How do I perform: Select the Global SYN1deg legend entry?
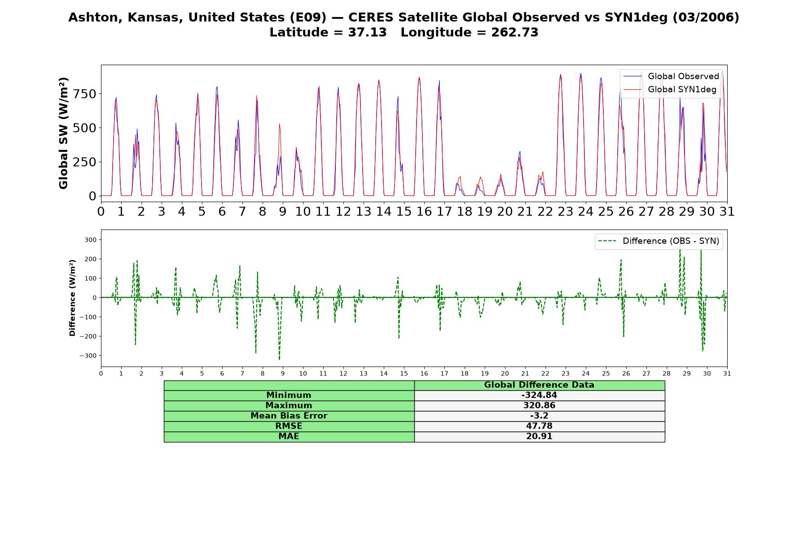pyautogui.click(x=670, y=89)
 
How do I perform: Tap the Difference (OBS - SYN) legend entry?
pyautogui.click(x=659, y=241)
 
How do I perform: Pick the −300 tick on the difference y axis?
pyautogui.click(x=88, y=356)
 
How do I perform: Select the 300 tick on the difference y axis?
pyautogui.click(x=91, y=240)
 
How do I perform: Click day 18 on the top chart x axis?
pyautogui.click(x=465, y=211)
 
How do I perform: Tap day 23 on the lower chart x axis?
pyautogui.click(x=566, y=374)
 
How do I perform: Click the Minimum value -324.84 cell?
pyautogui.click(x=539, y=395)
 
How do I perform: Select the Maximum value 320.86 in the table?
pyautogui.click(x=539, y=406)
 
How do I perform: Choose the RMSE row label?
pyautogui.click(x=289, y=426)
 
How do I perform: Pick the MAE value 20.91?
pyautogui.click(x=539, y=437)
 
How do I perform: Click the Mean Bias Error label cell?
pyautogui.click(x=289, y=416)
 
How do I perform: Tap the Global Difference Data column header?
pyautogui.click(x=539, y=385)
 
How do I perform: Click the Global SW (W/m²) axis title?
pyautogui.click(x=63, y=133)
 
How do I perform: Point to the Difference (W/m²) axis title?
pyautogui.click(x=72, y=298)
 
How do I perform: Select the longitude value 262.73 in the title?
pyautogui.click(x=514, y=32)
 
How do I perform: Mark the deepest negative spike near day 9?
pyautogui.click(x=279, y=359)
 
